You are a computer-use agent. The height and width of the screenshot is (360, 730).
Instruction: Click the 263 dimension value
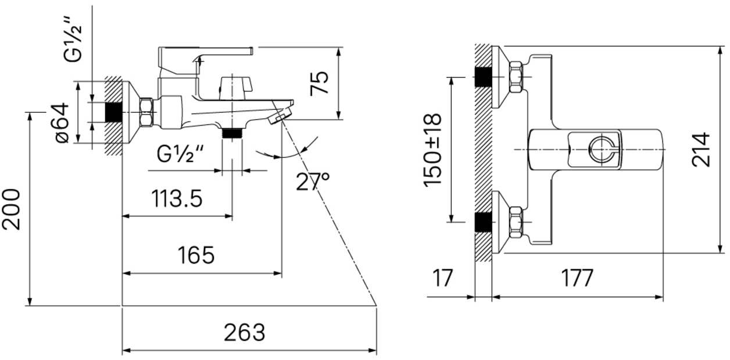pos(245,333)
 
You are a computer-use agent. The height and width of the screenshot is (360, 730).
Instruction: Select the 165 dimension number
pos(195,255)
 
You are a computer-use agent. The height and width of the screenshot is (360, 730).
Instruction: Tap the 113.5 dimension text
pos(177,199)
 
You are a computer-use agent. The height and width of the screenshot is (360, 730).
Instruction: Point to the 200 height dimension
pos(13,209)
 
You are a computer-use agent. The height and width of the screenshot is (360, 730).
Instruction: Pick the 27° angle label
pos(312,182)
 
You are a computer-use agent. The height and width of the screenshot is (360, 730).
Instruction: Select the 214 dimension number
pos(702,149)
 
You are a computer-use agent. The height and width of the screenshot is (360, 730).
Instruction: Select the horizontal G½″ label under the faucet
pos(180,155)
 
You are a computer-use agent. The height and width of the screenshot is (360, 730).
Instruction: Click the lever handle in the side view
pos(206,56)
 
